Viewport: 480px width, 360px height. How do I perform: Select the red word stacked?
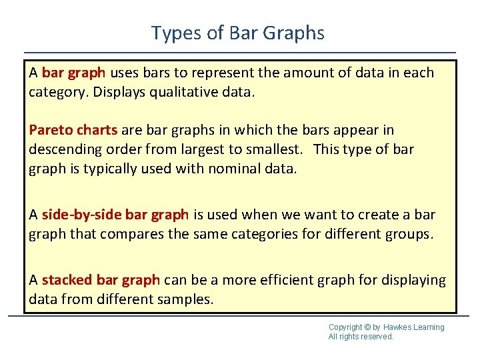67,280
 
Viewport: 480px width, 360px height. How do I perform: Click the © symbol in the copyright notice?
368,327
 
